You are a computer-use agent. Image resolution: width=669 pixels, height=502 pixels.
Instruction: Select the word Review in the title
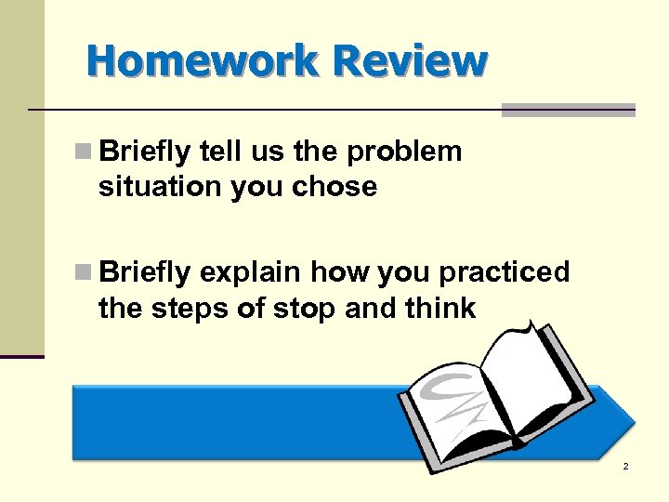pos(409,61)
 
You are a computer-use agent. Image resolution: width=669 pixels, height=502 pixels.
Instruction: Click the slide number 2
pos(625,466)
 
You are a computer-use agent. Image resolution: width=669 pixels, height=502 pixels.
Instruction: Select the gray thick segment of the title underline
pos(568,110)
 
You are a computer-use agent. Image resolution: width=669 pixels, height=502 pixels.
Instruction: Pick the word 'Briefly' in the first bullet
pos(144,152)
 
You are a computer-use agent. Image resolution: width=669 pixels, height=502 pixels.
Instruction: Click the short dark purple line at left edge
pos(22,356)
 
